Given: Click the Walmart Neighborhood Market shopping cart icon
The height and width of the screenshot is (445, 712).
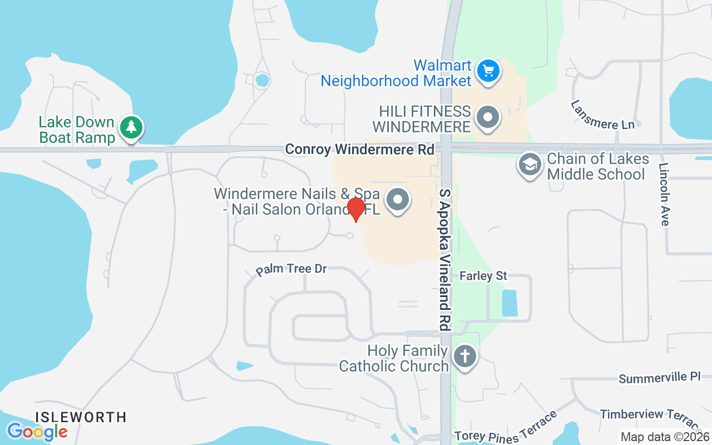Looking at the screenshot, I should [488, 71].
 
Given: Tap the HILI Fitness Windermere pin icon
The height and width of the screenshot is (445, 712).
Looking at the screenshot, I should [488, 118].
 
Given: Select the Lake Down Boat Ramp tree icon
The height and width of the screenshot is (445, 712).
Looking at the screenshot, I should [131, 127].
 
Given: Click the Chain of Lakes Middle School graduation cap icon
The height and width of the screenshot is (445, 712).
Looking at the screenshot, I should [530, 165].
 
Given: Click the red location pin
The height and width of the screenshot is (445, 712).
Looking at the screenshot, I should [355, 209].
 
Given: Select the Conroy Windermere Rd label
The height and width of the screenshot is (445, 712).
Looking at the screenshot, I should [359, 150].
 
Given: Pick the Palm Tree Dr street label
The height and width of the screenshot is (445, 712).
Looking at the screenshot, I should [291, 270].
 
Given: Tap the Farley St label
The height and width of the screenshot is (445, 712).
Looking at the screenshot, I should [483, 275].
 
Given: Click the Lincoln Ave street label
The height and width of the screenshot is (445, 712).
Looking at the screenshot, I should [663, 194].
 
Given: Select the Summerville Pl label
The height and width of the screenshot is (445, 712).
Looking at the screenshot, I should [659, 378].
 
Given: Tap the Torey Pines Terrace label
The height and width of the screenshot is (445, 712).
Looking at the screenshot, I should [506, 429].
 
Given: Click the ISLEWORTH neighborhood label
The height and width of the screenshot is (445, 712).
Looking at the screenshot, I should [81, 417].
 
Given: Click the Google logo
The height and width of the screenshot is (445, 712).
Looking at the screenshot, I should [37, 431].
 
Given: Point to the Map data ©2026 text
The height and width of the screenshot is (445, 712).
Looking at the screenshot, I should [665, 437].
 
